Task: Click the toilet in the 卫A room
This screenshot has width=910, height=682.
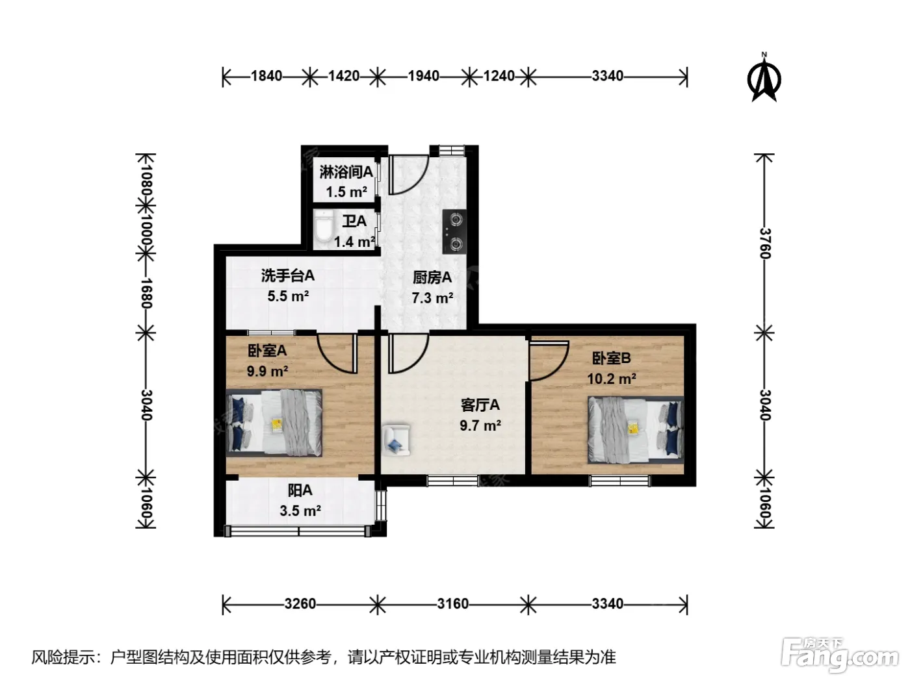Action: click(x=323, y=225)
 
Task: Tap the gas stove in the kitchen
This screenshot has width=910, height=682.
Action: click(x=454, y=232)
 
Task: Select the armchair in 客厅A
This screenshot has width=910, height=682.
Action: click(x=396, y=439)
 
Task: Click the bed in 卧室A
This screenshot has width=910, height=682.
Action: click(x=274, y=423)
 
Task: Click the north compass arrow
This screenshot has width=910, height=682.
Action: click(x=764, y=79)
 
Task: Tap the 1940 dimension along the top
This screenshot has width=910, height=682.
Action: click(x=423, y=76)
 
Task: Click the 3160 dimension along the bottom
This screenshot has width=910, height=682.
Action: click(x=452, y=604)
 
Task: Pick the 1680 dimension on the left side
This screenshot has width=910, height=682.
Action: click(x=147, y=293)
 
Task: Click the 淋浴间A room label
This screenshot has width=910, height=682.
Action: click(x=346, y=172)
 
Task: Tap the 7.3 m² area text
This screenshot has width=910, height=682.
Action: click(x=432, y=298)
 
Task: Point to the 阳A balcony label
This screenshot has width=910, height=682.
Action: click(x=300, y=490)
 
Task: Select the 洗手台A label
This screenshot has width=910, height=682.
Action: click(x=288, y=276)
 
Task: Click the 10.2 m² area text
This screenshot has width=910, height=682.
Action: click(x=612, y=379)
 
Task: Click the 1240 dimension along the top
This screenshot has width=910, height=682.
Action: click(x=499, y=76)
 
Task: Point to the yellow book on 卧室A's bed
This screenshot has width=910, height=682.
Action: click(x=276, y=424)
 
